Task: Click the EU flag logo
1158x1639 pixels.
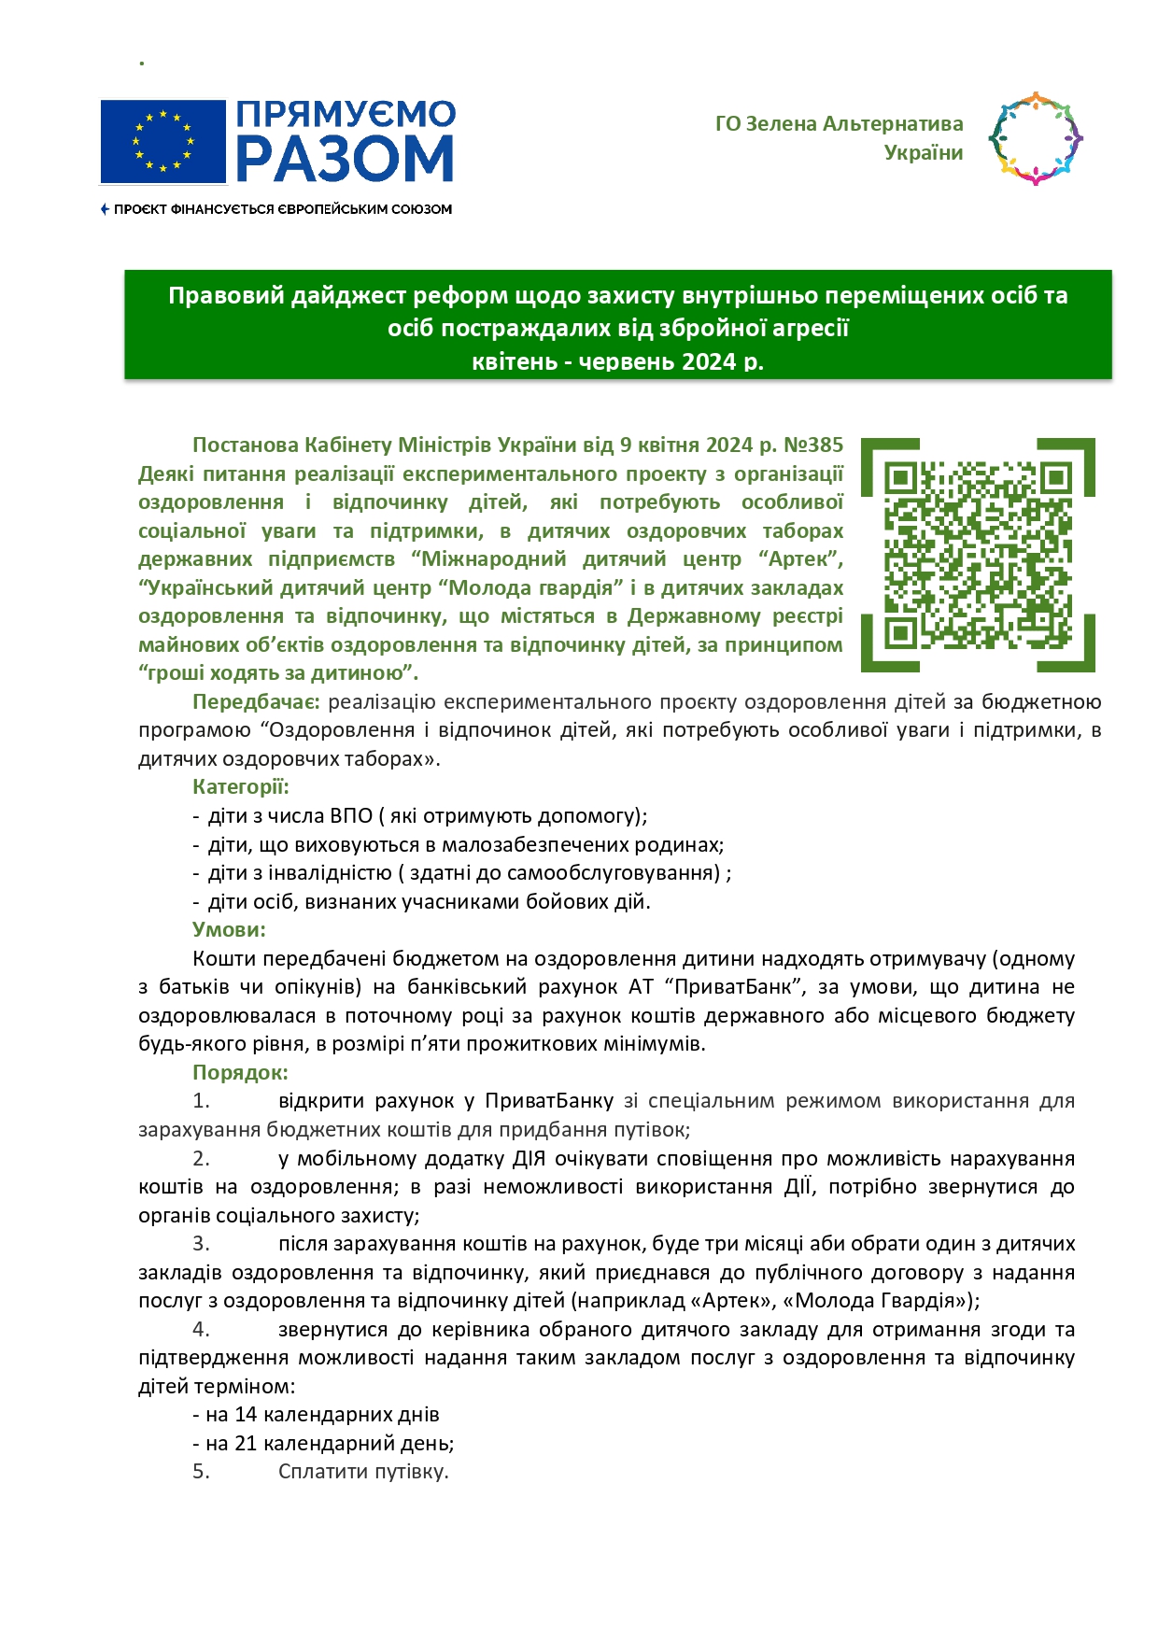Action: click(163, 142)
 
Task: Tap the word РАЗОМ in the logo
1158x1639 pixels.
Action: click(345, 158)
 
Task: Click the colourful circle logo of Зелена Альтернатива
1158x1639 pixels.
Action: click(1035, 138)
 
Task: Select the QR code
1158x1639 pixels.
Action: click(978, 555)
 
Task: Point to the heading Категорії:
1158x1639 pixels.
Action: click(241, 786)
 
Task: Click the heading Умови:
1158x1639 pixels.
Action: click(229, 929)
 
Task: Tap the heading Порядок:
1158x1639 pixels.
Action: click(240, 1072)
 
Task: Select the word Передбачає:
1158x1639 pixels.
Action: click(256, 701)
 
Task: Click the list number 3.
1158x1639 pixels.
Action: click(201, 1243)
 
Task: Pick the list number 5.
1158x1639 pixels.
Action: click(201, 1471)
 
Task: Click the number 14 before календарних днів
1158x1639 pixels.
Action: click(246, 1414)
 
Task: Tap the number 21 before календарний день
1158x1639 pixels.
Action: click(246, 1443)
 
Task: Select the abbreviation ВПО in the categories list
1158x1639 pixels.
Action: click(351, 815)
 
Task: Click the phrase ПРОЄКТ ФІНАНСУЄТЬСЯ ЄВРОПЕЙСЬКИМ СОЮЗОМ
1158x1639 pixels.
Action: click(282, 209)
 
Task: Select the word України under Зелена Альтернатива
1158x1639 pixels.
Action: click(923, 152)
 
